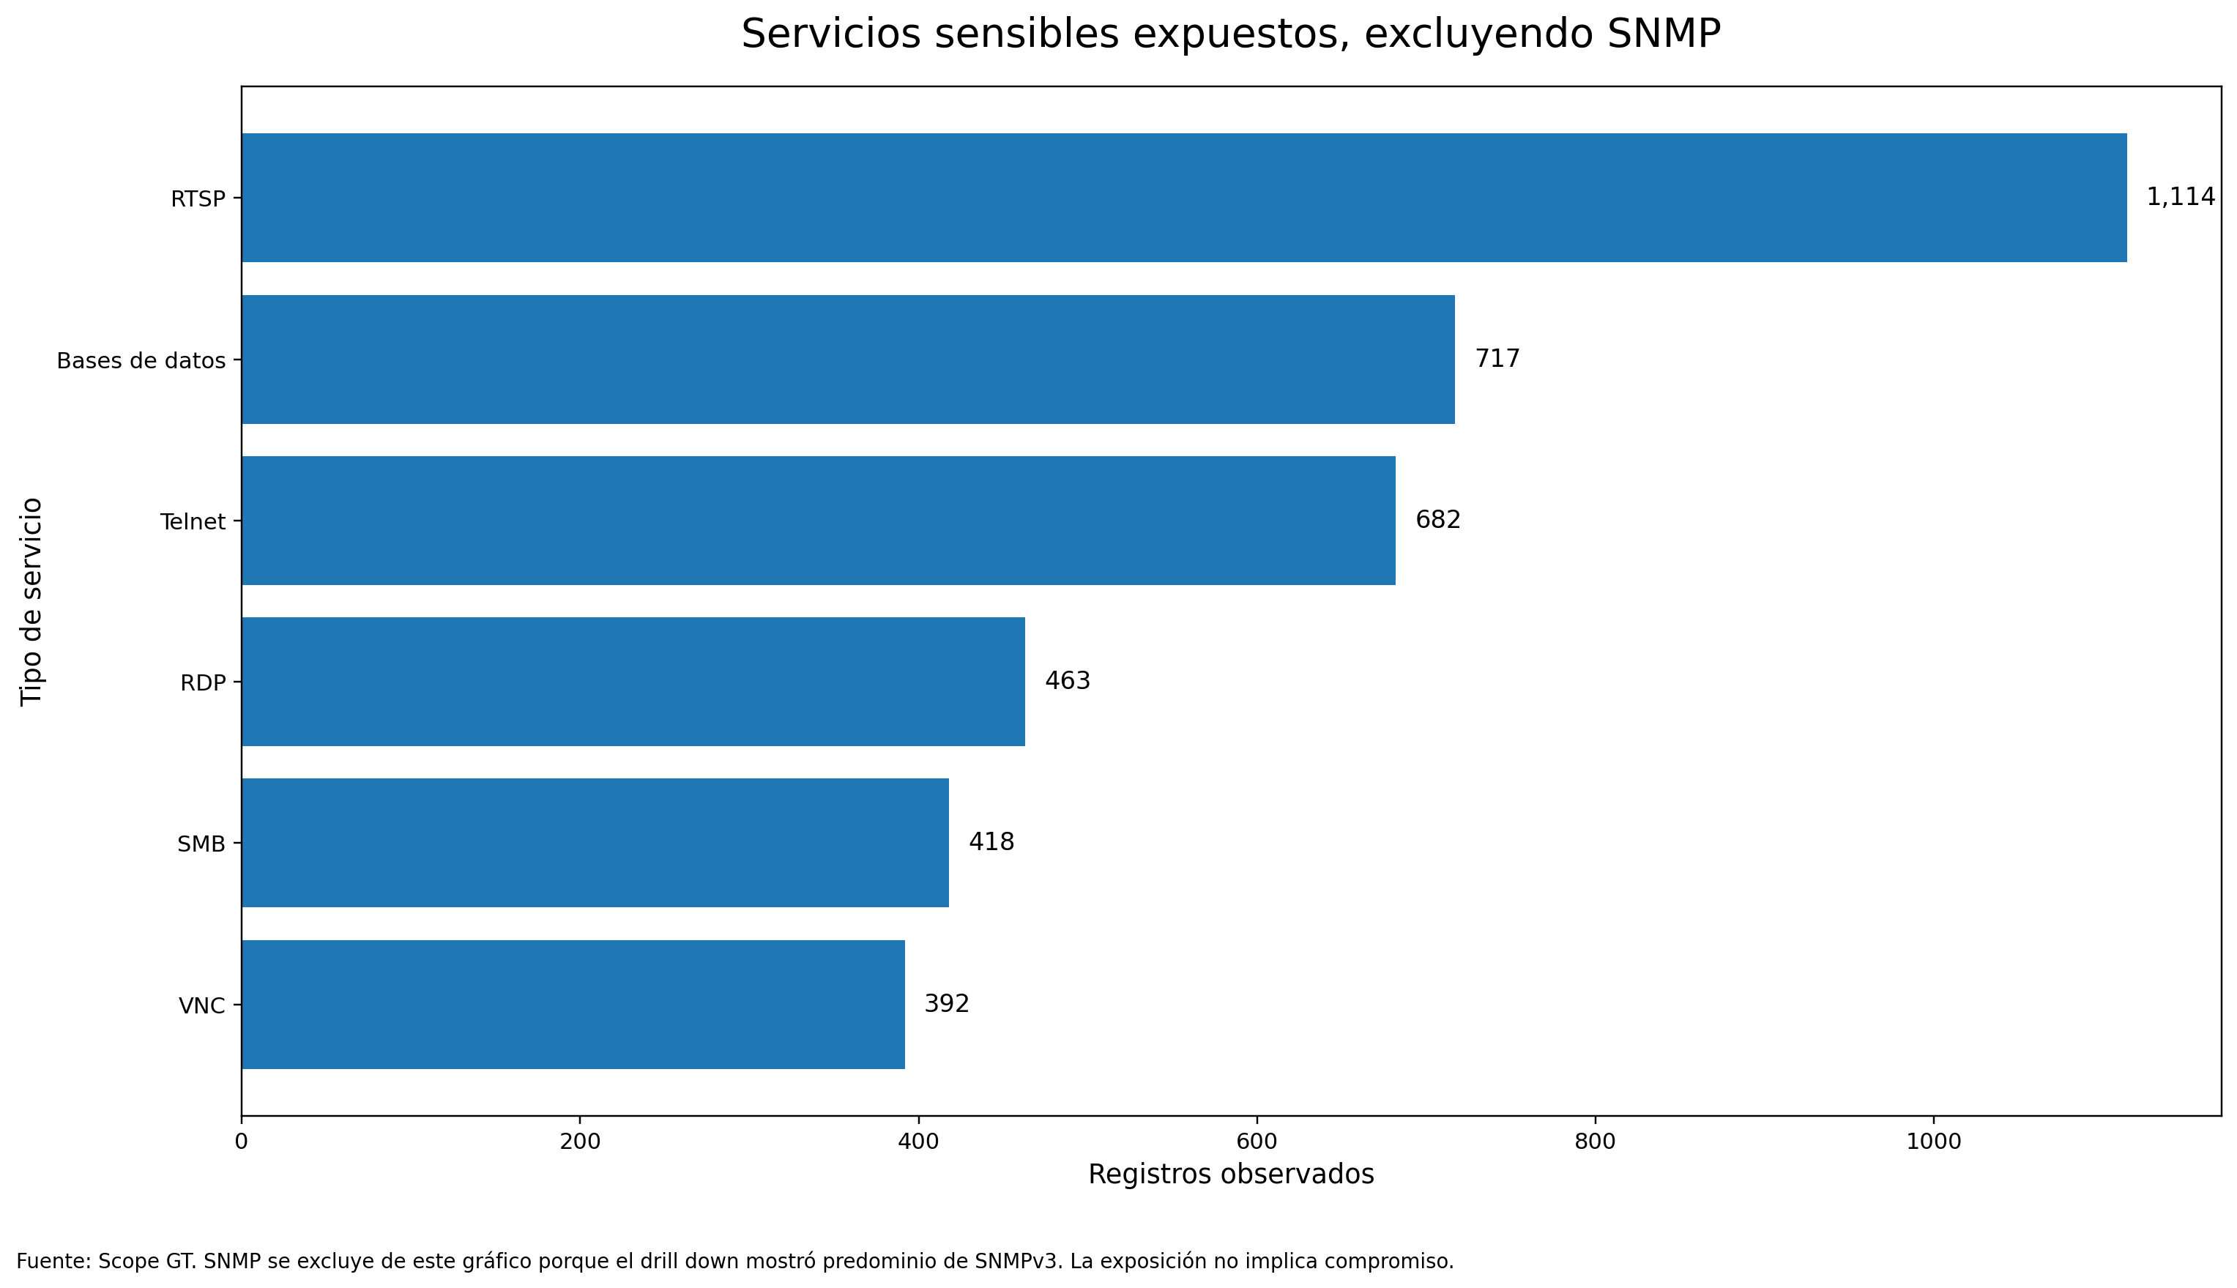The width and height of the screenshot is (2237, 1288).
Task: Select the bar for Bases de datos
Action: click(x=847, y=359)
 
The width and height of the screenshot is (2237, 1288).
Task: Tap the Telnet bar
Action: click(x=818, y=520)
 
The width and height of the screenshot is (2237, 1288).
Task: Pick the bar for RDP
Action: click(x=633, y=681)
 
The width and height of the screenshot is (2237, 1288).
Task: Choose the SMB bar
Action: click(x=595, y=842)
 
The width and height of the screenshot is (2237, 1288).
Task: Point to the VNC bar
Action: click(x=573, y=1004)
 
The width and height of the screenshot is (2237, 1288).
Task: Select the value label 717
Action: click(x=1497, y=359)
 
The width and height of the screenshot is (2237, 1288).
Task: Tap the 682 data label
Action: click(x=1437, y=520)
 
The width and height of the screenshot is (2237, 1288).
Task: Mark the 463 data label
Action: click(x=1067, y=681)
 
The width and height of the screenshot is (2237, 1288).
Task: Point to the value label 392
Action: click(x=947, y=1004)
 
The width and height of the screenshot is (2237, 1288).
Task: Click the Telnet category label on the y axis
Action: click(x=193, y=522)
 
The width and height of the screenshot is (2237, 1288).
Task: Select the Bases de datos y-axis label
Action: click(x=141, y=361)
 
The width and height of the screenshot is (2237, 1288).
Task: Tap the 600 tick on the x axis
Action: click(x=1256, y=1142)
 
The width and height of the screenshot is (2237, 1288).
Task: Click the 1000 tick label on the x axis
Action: click(x=1934, y=1142)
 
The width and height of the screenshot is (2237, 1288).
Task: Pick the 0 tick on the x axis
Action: click(x=242, y=1142)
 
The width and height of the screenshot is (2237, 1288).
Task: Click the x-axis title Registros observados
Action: click(x=1230, y=1175)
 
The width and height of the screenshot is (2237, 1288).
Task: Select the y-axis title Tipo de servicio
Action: click(x=31, y=602)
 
